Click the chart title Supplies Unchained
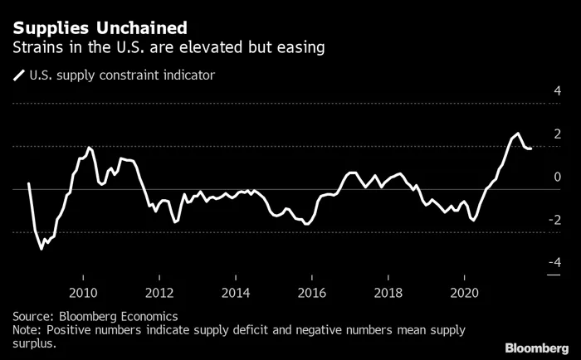point(93,27)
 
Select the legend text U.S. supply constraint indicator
point(122,75)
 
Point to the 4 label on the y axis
point(557,90)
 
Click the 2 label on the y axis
point(557,134)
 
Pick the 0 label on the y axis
point(557,177)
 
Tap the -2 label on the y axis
point(554,220)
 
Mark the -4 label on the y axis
point(554,263)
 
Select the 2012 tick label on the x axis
point(159,292)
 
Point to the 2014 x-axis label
point(236,292)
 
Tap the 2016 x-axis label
point(311,292)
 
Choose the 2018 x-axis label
point(388,292)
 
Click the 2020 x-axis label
point(463,292)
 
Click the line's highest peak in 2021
point(518,133)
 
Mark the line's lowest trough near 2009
point(42,248)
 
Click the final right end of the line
point(531,148)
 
